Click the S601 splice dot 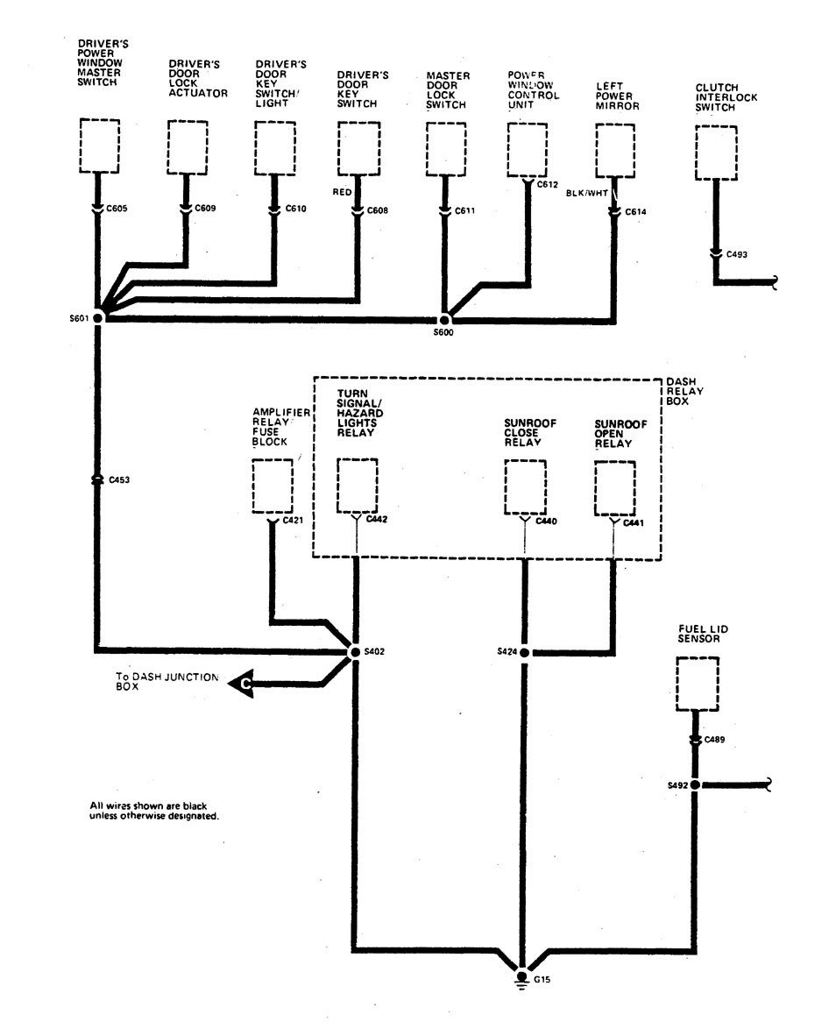(x=97, y=318)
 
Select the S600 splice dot (x=445, y=321)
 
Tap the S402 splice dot (x=355, y=652)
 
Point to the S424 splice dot (x=524, y=652)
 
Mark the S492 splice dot (x=694, y=785)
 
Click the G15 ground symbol (x=522, y=980)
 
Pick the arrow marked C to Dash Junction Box (x=241, y=683)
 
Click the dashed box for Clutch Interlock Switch (x=715, y=152)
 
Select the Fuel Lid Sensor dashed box (x=697, y=683)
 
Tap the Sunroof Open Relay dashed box (x=614, y=487)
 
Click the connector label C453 (x=119, y=480)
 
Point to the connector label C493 (x=736, y=255)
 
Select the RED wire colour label (x=343, y=189)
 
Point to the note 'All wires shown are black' (x=154, y=810)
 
